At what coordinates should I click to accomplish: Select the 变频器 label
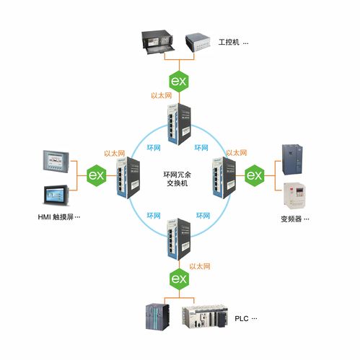[x=294, y=219]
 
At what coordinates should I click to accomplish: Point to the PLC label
[x=245, y=318]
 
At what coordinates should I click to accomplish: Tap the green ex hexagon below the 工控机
[x=178, y=81]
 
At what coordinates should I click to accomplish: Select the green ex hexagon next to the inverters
[x=254, y=175]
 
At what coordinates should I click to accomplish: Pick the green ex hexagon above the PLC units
[x=178, y=278]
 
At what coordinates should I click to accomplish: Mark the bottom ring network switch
[x=178, y=238]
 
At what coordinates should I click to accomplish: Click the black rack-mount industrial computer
[x=160, y=42]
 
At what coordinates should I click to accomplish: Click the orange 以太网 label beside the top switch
[x=161, y=95]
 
